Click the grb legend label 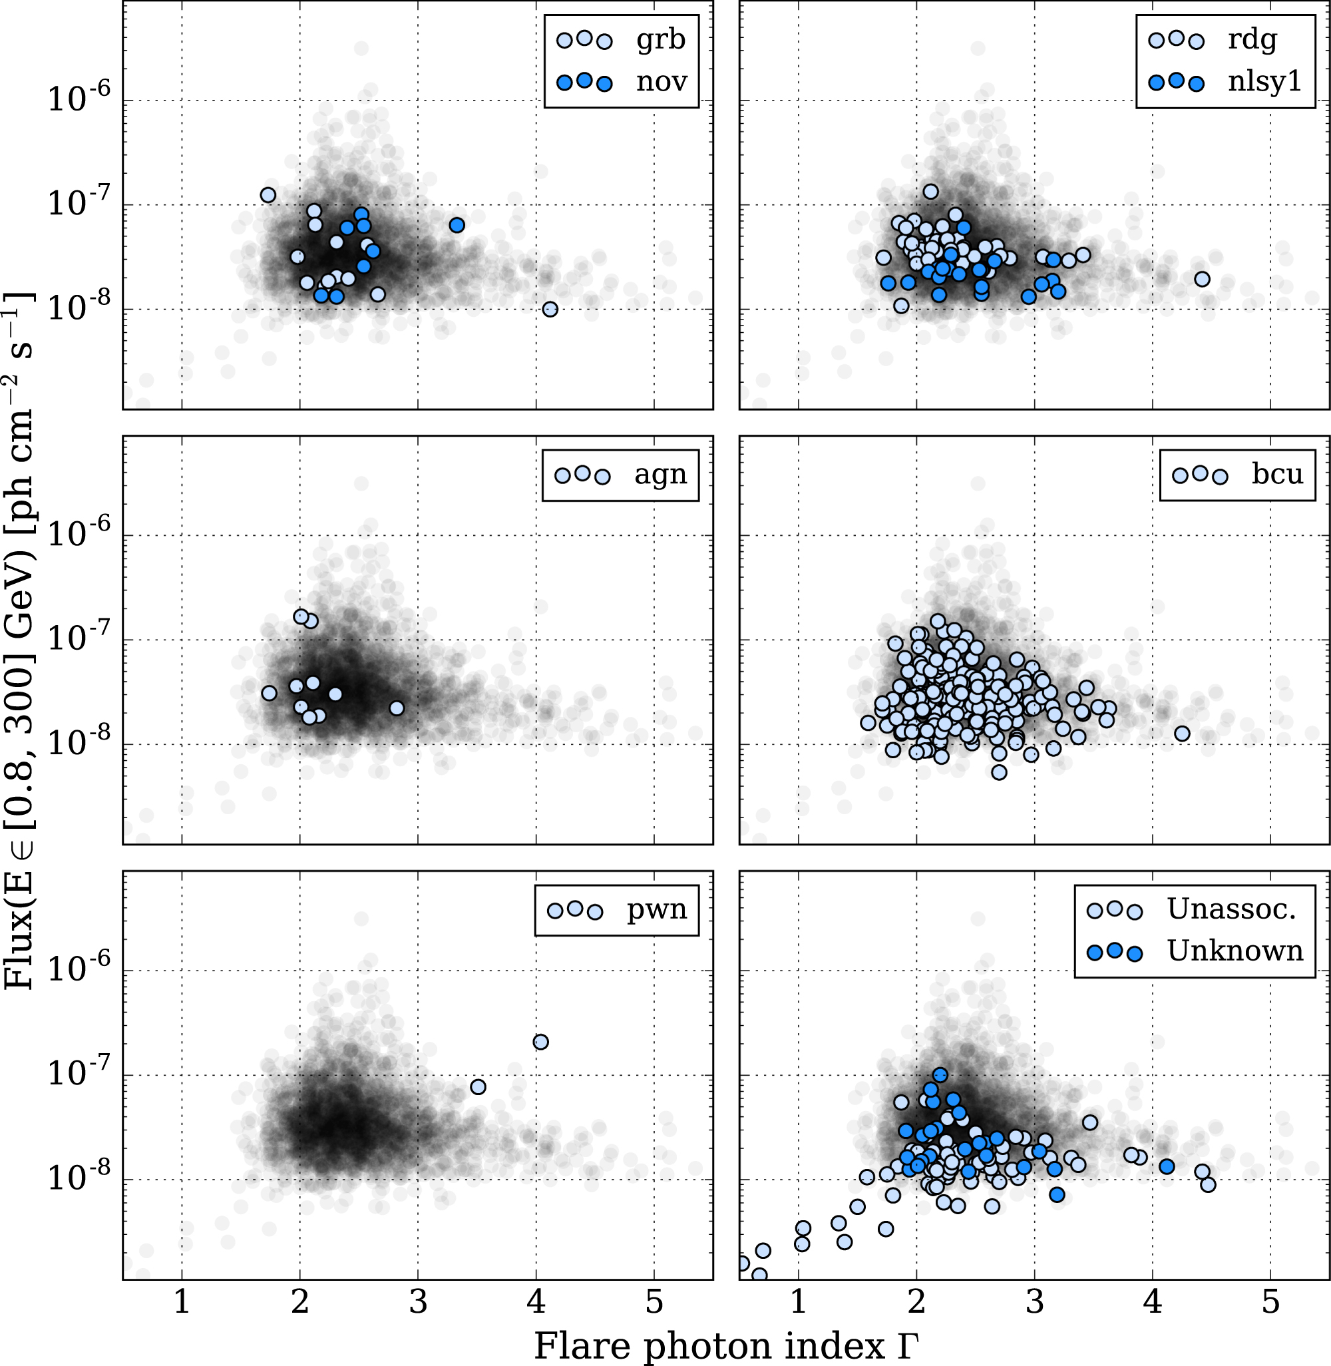pyautogui.click(x=660, y=40)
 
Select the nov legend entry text pyautogui.click(x=662, y=82)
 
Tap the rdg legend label pyautogui.click(x=1252, y=40)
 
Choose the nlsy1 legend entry pyautogui.click(x=1264, y=82)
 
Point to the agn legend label pyautogui.click(x=660, y=475)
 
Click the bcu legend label pyautogui.click(x=1277, y=475)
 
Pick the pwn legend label pyautogui.click(x=656, y=909)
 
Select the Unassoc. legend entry pyautogui.click(x=1232, y=909)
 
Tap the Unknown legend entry pyautogui.click(x=1235, y=951)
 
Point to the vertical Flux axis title pyautogui.click(x=19, y=640)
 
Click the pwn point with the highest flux pyautogui.click(x=540, y=1042)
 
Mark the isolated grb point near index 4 pyautogui.click(x=550, y=309)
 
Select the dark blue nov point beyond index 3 pyautogui.click(x=457, y=225)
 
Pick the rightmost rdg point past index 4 pyautogui.click(x=1202, y=280)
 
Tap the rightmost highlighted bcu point pyautogui.click(x=1182, y=734)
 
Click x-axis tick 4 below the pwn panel pyautogui.click(x=536, y=1302)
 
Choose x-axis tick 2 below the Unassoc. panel pyautogui.click(x=916, y=1302)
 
